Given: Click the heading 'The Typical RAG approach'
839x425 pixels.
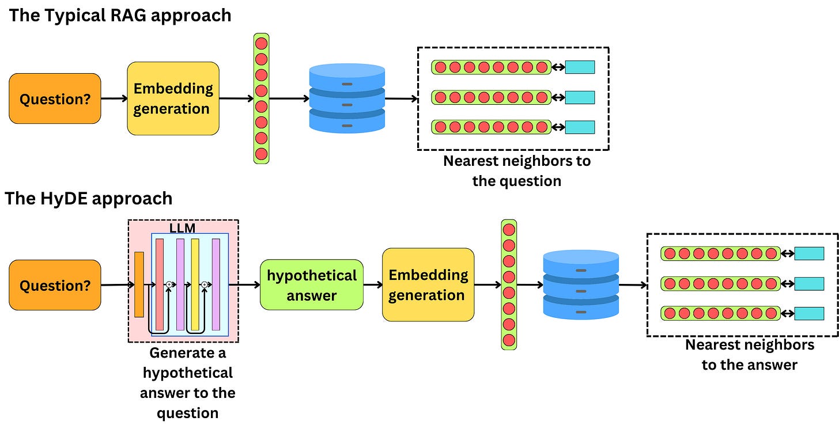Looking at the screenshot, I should coord(120,15).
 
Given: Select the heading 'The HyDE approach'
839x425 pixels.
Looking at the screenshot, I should coord(89,199).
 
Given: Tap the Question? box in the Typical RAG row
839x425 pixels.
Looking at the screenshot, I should coord(55,98).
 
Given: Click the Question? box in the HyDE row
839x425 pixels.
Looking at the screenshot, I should coord(55,285).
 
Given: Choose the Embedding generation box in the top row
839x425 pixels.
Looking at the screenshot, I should coord(173,98).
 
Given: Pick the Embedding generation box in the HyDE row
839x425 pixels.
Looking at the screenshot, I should coord(428,284).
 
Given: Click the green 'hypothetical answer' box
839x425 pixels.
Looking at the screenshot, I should coord(311,285).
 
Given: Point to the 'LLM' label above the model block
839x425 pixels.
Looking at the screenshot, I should coord(182,229).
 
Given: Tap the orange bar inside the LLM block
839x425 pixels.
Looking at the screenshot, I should coord(139,284).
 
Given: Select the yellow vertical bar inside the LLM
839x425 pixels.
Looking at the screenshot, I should coord(195,284).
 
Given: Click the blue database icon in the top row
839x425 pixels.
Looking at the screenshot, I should coord(347,98).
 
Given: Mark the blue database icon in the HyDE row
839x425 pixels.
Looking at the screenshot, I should coord(581,284).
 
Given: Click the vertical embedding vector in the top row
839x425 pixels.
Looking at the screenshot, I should coord(261,98).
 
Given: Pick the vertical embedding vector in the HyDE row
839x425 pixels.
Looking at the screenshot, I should coord(509,284).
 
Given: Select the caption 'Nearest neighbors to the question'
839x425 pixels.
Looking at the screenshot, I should coord(516,170).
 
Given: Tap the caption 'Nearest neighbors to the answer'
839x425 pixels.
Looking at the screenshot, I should coord(749,354).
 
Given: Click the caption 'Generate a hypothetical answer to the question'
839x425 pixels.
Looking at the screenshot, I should coord(187,382).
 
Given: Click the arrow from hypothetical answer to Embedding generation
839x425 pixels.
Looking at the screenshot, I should coord(373,284).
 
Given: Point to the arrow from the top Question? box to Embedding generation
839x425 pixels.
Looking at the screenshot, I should coord(114,98).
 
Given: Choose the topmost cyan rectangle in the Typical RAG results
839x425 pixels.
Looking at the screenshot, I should coord(579,67).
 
